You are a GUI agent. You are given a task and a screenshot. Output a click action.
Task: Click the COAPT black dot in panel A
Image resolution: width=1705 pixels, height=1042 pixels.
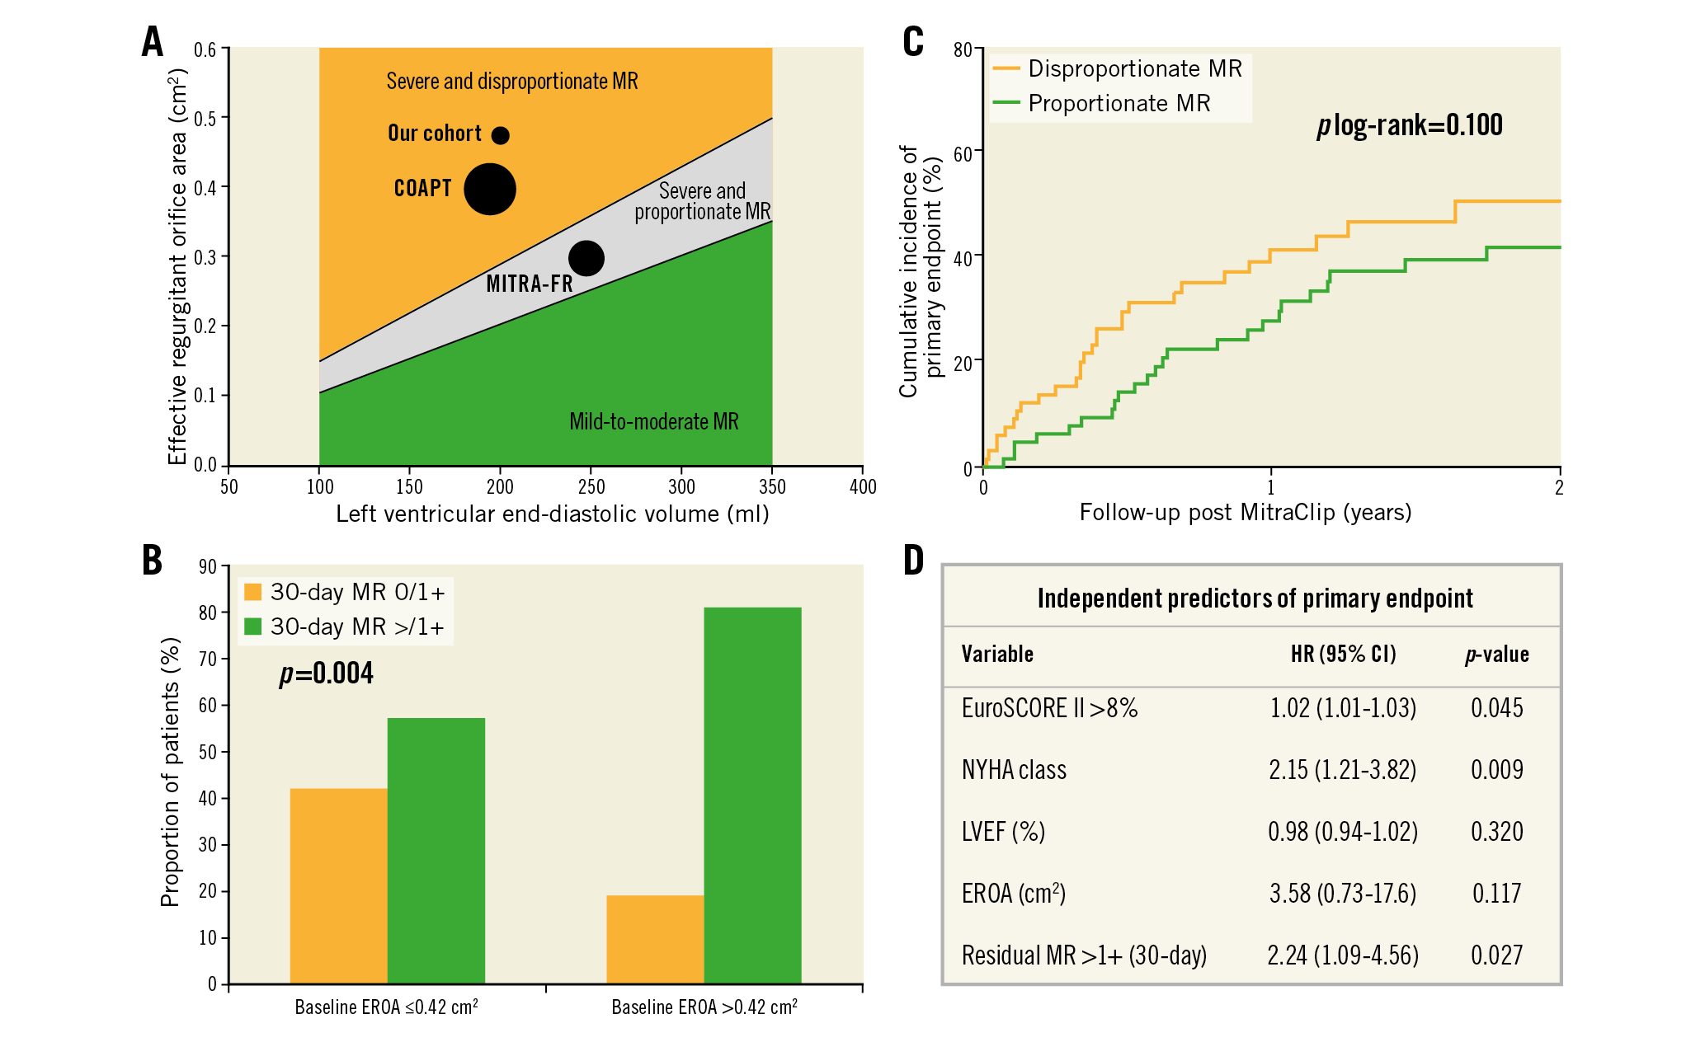tap(490, 189)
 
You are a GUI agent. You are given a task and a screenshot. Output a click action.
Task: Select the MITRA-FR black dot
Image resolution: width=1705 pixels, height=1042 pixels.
tap(586, 258)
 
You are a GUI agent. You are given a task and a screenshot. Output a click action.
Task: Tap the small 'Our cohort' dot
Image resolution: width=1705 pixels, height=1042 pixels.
tap(501, 135)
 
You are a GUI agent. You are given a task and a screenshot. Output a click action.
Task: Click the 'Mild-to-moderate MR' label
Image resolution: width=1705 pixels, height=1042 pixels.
tap(653, 422)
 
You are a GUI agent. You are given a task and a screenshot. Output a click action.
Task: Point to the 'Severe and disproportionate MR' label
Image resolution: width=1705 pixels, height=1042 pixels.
tap(511, 82)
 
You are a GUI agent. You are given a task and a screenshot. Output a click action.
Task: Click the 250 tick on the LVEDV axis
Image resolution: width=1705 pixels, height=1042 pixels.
tap(591, 486)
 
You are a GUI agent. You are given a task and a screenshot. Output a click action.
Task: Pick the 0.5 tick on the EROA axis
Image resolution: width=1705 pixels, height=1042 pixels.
tap(205, 119)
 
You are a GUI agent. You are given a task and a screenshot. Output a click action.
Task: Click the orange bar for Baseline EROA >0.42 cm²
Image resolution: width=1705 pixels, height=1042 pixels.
tap(655, 939)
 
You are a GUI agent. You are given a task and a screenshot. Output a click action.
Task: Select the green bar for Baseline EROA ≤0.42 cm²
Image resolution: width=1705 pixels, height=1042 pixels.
tap(436, 850)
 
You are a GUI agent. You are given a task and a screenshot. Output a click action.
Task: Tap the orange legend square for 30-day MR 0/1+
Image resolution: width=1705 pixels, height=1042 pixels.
tap(253, 592)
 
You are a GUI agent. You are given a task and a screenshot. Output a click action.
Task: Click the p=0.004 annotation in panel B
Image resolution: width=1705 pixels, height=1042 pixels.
tap(327, 674)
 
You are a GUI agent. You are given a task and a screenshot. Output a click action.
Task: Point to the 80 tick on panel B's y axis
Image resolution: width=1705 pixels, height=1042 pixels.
tap(208, 613)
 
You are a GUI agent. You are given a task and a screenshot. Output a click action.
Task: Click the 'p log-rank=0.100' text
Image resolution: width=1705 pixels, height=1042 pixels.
tap(1410, 125)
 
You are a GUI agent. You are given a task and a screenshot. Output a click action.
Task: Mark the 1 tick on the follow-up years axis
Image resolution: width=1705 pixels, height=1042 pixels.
tap(1271, 487)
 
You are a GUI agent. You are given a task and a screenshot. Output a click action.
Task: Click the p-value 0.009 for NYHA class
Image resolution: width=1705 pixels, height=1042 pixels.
tap(1496, 770)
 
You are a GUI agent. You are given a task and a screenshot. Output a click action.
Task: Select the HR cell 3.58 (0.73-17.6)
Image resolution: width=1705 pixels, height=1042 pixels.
tap(1342, 894)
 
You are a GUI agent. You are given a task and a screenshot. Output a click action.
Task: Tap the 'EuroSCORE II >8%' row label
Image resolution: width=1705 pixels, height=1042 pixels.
tap(1049, 708)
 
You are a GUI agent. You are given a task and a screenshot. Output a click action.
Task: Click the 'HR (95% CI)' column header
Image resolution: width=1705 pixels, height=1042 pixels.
tap(1343, 655)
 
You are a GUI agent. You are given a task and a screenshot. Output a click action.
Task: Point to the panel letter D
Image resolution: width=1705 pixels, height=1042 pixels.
tap(914, 561)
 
